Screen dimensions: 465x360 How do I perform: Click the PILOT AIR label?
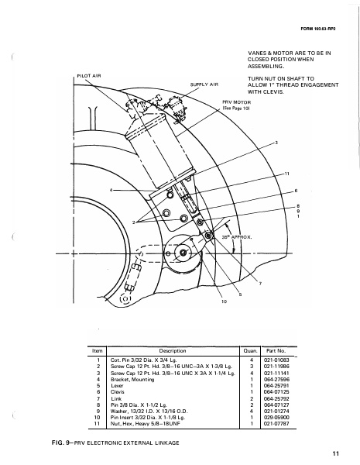(91, 76)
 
